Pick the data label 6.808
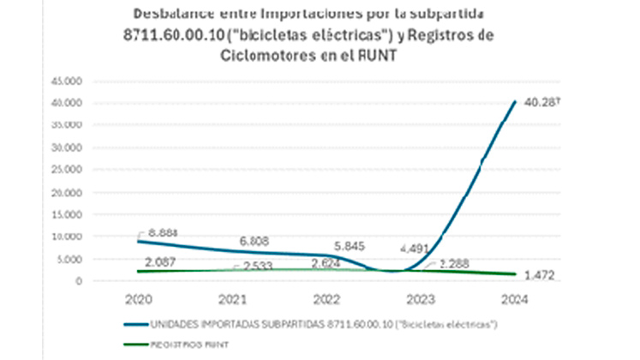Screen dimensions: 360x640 click(x=255, y=242)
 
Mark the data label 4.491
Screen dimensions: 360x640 click(x=415, y=250)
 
